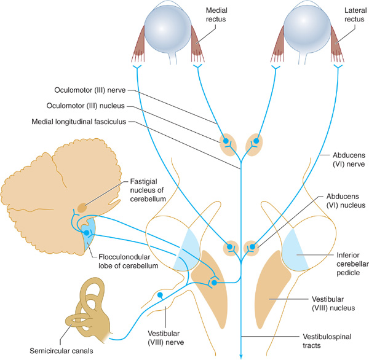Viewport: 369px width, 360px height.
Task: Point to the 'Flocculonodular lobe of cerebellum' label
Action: tap(127, 262)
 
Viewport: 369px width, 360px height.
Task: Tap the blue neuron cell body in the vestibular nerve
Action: tap(160, 296)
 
